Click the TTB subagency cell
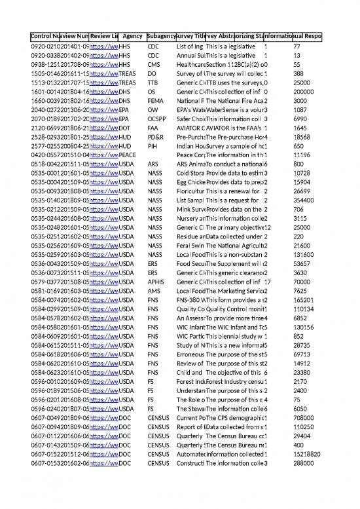tap(154, 84)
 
